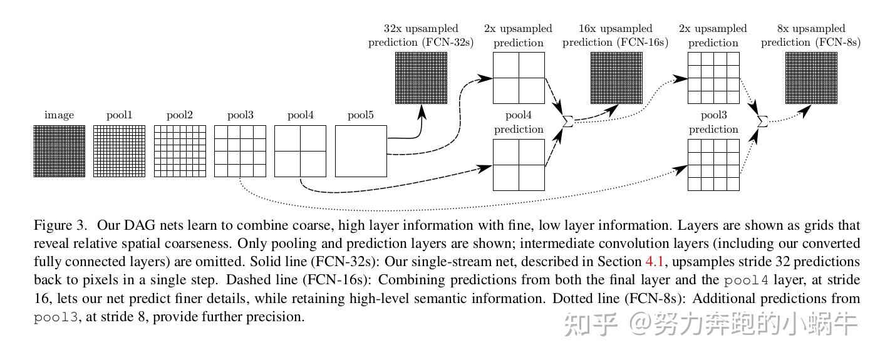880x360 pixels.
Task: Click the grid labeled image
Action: (59, 151)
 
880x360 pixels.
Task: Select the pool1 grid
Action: (119, 151)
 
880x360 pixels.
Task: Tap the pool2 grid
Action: (180, 151)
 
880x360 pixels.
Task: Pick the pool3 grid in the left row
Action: (240, 151)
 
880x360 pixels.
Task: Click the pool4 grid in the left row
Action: (300, 151)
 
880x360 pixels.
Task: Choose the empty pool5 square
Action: (361, 151)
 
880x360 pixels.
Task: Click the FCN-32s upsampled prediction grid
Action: (421, 78)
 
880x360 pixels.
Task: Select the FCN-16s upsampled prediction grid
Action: (616, 78)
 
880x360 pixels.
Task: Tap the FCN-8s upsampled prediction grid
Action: (810, 78)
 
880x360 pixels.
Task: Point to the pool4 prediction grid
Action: (519, 165)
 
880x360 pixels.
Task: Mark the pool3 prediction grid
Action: (713, 165)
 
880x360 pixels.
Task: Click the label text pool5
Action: (361, 115)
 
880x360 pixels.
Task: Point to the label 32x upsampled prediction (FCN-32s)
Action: (421, 36)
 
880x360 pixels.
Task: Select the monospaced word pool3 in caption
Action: (56, 317)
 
